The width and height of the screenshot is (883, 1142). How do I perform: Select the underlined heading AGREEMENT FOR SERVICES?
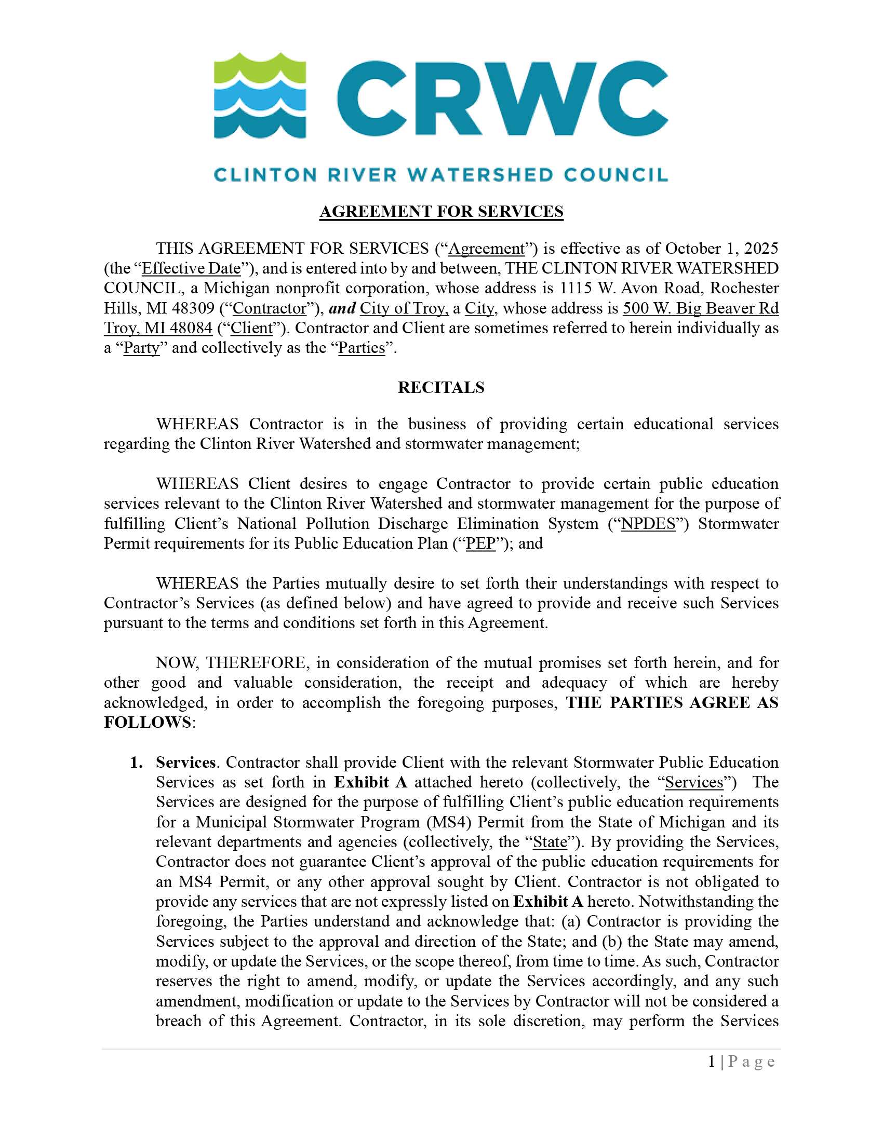[x=441, y=211]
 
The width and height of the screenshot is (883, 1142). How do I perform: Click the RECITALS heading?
[x=441, y=387]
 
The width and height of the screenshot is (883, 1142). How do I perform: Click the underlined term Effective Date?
[x=191, y=268]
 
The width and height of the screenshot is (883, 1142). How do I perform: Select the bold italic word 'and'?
[x=342, y=308]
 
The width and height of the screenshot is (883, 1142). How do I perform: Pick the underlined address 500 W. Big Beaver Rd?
[x=700, y=308]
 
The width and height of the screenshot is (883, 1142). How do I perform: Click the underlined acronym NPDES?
[x=648, y=523]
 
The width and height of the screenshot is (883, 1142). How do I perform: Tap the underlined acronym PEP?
[x=480, y=543]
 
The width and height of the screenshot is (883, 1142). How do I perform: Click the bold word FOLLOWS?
[x=148, y=722]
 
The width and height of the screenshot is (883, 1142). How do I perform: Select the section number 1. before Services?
[x=137, y=763]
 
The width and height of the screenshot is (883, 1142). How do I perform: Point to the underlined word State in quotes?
[x=550, y=842]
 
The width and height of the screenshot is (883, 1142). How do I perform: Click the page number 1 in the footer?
[x=712, y=1062]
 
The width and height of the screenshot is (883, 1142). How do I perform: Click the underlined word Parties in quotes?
[x=362, y=348]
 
